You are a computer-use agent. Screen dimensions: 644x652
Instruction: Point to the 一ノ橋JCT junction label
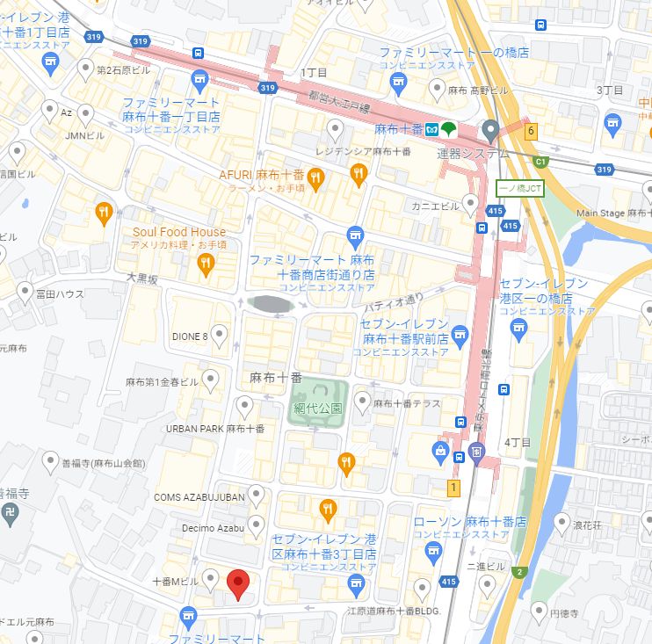(x=520, y=188)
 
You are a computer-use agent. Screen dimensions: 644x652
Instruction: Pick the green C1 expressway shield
(x=541, y=162)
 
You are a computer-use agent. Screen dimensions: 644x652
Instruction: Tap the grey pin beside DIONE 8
(x=219, y=334)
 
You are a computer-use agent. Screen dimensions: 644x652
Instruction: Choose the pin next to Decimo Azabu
(x=256, y=526)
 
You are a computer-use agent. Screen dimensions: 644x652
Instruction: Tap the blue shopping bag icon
(x=439, y=451)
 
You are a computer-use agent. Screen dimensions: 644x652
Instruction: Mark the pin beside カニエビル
(x=471, y=205)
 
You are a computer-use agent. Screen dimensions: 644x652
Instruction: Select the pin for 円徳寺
(x=538, y=611)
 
